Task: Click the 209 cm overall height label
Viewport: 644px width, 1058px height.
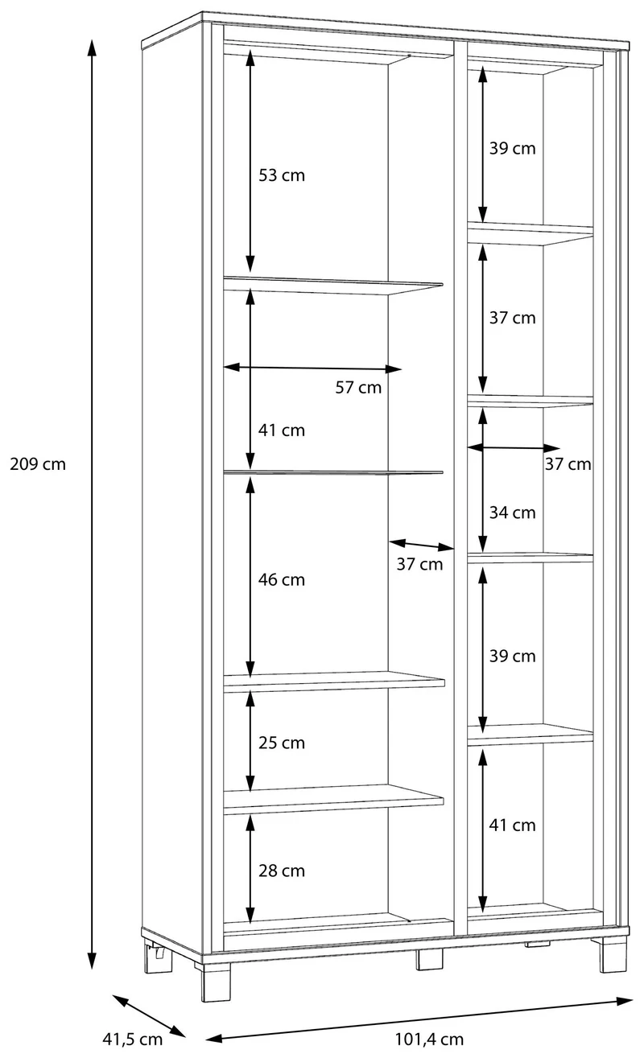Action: point(38,464)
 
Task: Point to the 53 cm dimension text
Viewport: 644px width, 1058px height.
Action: point(282,175)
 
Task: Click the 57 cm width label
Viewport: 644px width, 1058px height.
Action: point(358,387)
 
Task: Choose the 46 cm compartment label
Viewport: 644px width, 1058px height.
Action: point(282,579)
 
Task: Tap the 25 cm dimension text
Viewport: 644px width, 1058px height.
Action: point(282,743)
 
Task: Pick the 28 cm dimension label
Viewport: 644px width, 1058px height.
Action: point(282,871)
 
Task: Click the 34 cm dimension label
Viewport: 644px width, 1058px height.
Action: point(512,513)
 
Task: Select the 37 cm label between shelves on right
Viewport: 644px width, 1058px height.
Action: point(512,318)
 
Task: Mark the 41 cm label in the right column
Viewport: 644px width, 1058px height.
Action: point(512,825)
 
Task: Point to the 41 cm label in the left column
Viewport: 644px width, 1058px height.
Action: point(282,430)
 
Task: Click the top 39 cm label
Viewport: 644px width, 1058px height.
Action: point(512,148)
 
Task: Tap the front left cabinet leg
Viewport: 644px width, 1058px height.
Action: point(217,982)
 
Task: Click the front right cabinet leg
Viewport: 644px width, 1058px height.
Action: point(613,954)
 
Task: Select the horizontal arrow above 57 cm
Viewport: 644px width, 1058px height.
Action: point(312,368)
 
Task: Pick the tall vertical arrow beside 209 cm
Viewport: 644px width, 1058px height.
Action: point(92,504)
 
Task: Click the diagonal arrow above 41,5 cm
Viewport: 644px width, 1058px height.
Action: point(149,1015)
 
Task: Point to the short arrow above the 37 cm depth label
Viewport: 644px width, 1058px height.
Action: point(422,545)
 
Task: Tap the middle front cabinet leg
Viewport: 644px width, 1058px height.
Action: point(430,959)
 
